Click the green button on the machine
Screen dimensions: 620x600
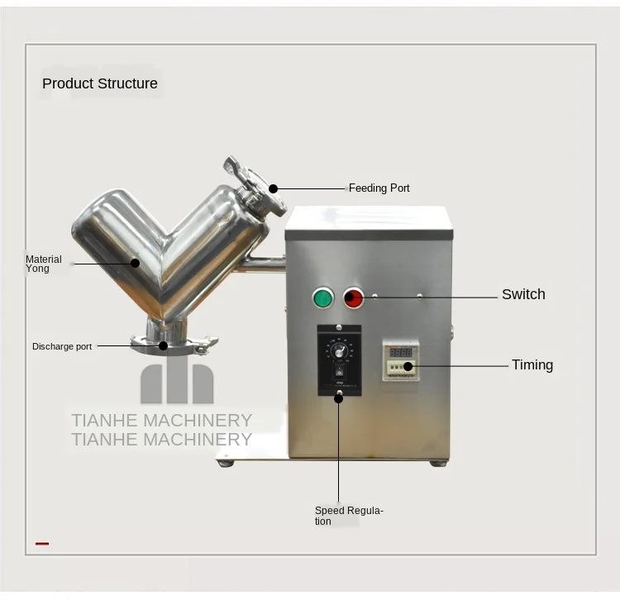point(322,298)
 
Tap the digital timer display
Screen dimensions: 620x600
point(401,352)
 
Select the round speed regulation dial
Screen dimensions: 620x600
point(338,350)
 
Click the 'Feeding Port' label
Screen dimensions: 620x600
point(379,188)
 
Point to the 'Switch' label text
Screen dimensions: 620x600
point(523,294)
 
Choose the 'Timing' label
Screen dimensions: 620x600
point(532,364)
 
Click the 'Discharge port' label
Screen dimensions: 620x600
point(62,346)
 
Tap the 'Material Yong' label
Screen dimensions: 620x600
point(43,264)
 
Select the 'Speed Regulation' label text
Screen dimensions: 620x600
point(349,516)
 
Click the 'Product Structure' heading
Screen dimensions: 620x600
point(99,83)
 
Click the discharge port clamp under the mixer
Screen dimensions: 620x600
point(174,340)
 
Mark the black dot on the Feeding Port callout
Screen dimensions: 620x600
point(273,188)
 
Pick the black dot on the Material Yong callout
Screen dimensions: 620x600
point(136,263)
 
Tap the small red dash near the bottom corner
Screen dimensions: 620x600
point(42,544)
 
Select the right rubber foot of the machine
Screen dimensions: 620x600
point(438,463)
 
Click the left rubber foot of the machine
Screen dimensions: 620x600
point(225,463)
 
